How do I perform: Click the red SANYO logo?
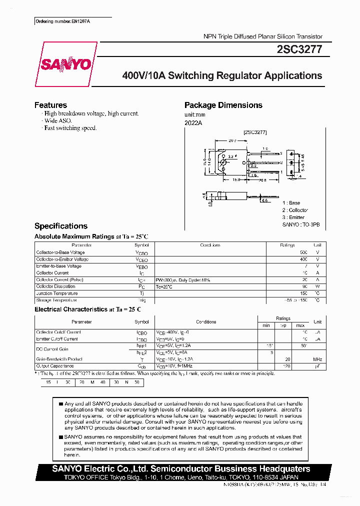pyautogui.click(x=65, y=64)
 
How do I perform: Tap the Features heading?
pyautogui.click(x=50, y=105)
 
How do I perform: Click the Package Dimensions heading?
pyautogui.click(x=223, y=105)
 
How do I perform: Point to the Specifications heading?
pyautogui.click(x=61, y=226)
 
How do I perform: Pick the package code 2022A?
pyautogui.click(x=192, y=122)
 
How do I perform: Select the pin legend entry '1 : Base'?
pyautogui.click(x=291, y=203)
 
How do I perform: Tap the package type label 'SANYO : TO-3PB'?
pyautogui.click(x=300, y=225)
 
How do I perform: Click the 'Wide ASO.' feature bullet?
pyautogui.click(x=58, y=121)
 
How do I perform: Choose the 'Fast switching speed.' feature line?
pyautogui.click(x=70, y=128)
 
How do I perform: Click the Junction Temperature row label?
pyautogui.click(x=56, y=293)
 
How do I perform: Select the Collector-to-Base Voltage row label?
pyautogui.click(x=60, y=252)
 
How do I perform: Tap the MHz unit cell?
pyautogui.click(x=317, y=359)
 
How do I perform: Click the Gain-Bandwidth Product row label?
pyautogui.click(x=59, y=359)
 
